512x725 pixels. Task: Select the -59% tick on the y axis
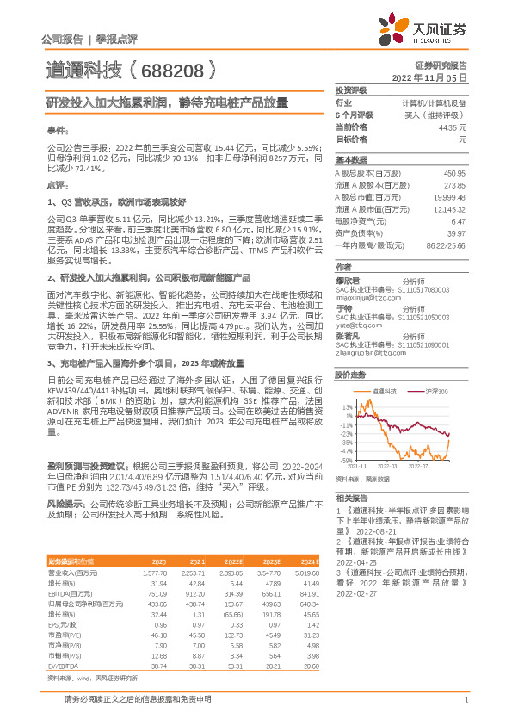point(346,460)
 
